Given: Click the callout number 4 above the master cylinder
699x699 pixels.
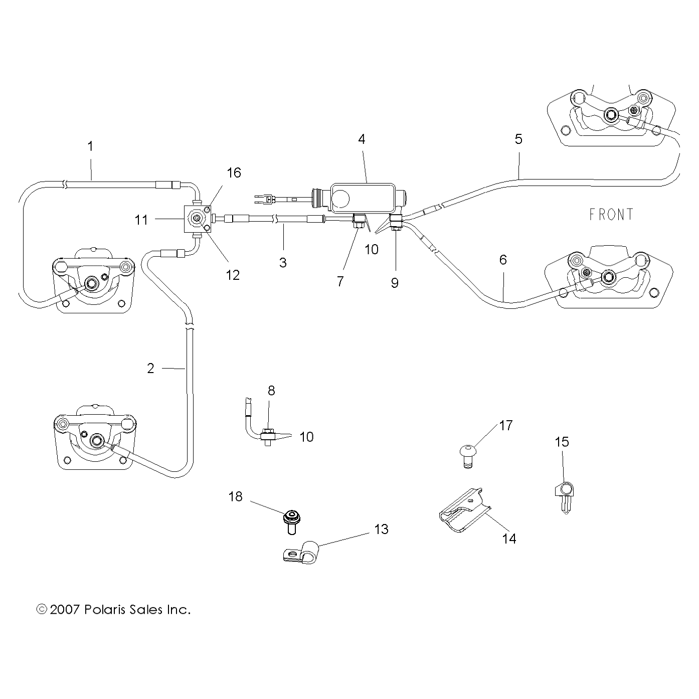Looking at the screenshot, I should click(362, 139).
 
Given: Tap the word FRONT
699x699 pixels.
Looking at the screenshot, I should click(611, 215).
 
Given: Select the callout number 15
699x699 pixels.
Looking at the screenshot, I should click(562, 442).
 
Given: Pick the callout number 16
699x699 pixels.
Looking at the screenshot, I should click(234, 173).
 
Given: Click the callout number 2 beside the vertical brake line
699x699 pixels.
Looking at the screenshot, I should click(151, 368).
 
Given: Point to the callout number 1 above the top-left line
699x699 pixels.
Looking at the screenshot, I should click(90, 146).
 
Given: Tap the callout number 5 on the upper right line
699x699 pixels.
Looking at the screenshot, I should click(518, 139).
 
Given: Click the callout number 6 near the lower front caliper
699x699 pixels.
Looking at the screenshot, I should click(503, 260).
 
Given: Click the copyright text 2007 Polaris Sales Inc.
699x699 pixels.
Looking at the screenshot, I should click(114, 610).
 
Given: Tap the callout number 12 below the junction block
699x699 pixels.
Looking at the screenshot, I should click(233, 275).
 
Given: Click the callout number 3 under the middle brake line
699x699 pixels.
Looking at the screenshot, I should click(283, 262).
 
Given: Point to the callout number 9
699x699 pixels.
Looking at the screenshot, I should click(395, 283).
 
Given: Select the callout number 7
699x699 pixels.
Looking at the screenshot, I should click(340, 282).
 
